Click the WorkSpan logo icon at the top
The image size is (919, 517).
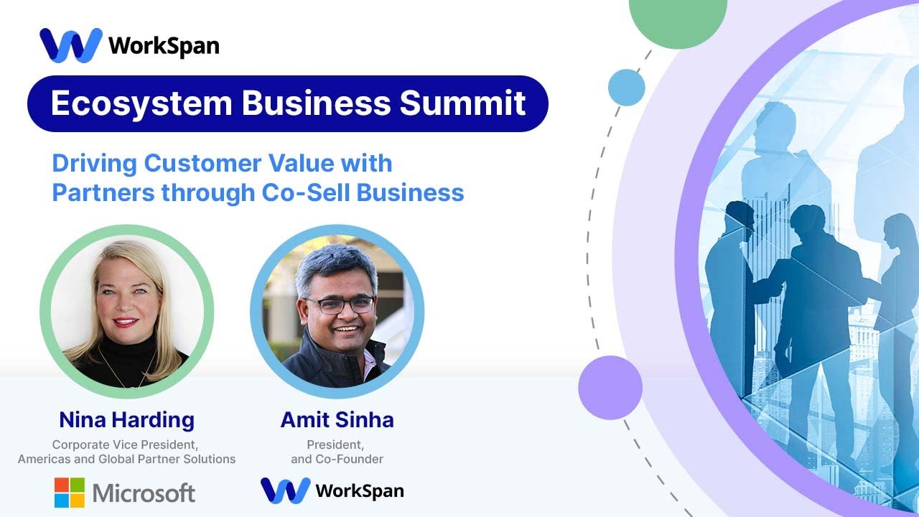click(70, 46)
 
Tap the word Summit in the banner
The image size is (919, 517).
click(463, 103)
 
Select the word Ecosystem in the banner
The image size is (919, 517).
click(141, 103)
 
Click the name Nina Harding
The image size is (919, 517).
click(126, 419)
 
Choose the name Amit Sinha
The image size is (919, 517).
click(337, 419)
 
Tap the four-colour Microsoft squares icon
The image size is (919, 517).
click(69, 493)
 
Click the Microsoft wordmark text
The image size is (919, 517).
click(144, 493)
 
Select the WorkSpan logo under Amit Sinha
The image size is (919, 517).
click(332, 490)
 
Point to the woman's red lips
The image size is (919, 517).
click(125, 322)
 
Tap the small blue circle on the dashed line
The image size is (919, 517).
click(626, 88)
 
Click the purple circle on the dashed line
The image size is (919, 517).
click(610, 388)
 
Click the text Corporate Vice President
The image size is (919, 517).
click(126, 444)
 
